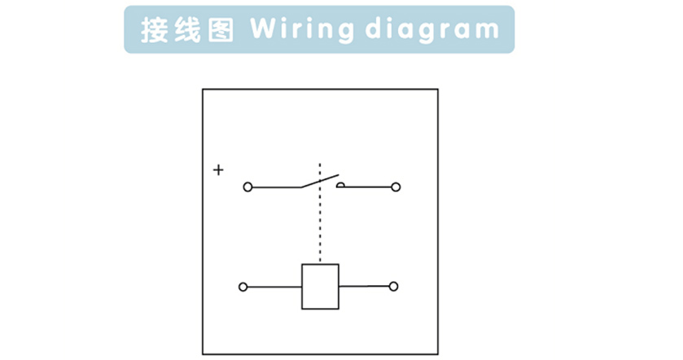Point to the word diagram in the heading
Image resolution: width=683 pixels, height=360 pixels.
431,31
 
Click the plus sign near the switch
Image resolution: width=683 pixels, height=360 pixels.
218,170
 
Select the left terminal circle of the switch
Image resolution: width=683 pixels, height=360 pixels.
247,187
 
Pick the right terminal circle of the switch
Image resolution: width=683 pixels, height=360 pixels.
396,187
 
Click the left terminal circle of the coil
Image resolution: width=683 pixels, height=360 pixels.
243,287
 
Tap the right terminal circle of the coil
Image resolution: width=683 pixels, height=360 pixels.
393,287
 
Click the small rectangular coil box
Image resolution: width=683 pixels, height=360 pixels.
320,287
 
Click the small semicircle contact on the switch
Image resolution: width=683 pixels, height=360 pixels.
340,185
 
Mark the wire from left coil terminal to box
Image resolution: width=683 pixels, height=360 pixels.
274,287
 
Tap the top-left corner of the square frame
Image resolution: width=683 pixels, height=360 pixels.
203,90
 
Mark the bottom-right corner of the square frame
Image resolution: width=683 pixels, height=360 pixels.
438,354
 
